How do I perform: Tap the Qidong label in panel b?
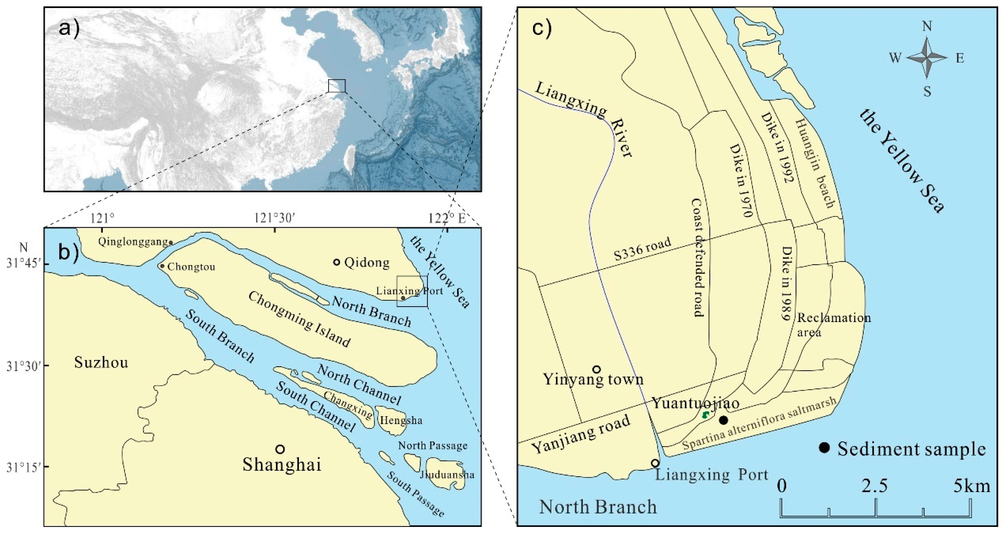pyautogui.click(x=367, y=263)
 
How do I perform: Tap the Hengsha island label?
pyautogui.click(x=401, y=420)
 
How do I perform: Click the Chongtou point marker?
pyautogui.click(x=162, y=266)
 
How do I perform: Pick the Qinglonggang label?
pyautogui.click(x=132, y=242)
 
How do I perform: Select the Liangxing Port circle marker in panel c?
pyautogui.click(x=655, y=463)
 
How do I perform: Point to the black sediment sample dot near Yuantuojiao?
pyautogui.click(x=723, y=420)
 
